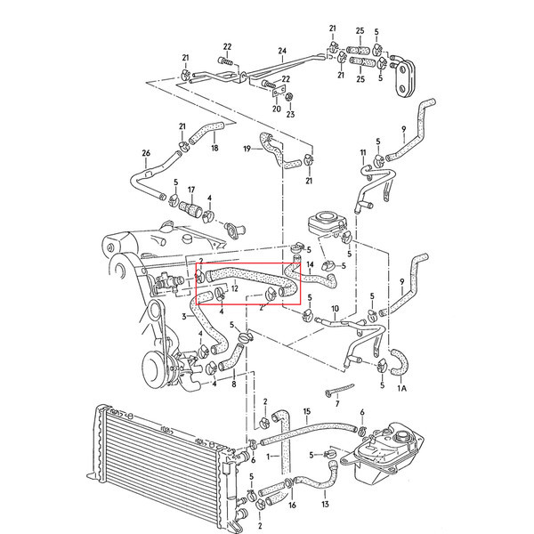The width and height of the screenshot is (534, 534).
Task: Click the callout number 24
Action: (x=282, y=51)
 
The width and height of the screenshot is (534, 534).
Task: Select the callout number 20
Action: (x=277, y=109)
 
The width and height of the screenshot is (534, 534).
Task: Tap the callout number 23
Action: (x=290, y=114)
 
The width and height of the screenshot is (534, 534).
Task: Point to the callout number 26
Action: (x=146, y=153)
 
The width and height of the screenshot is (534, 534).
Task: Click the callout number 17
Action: (x=191, y=190)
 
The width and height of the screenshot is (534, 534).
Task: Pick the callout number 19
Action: (x=247, y=149)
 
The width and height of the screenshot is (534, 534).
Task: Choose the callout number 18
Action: (x=214, y=148)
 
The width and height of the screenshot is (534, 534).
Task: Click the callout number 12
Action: (x=235, y=288)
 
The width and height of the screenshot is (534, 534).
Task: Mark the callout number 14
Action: (x=311, y=264)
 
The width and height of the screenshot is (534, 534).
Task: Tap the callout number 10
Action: (x=336, y=309)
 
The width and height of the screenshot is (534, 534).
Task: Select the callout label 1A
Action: (x=402, y=388)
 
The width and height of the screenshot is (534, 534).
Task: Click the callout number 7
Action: (x=337, y=404)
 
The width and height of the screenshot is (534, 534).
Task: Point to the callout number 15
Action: (x=307, y=411)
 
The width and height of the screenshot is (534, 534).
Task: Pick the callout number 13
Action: (x=325, y=504)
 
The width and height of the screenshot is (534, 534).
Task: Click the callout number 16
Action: (x=292, y=505)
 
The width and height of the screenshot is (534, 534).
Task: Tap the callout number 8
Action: (x=234, y=384)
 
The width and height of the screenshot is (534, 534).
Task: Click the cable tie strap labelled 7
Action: (x=339, y=390)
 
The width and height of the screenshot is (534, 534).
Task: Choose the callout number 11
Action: (x=363, y=152)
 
